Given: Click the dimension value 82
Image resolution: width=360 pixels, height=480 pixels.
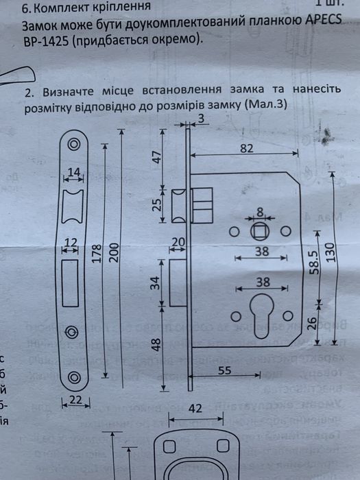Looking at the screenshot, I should click(248, 149).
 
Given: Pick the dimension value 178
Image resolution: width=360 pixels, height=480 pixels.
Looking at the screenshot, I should click(97, 255).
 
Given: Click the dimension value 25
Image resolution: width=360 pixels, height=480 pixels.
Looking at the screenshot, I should click(156, 204).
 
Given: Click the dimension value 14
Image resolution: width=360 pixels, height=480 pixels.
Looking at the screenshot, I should click(74, 172).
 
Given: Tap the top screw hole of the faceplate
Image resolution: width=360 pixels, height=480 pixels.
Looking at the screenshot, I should click(74, 145).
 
